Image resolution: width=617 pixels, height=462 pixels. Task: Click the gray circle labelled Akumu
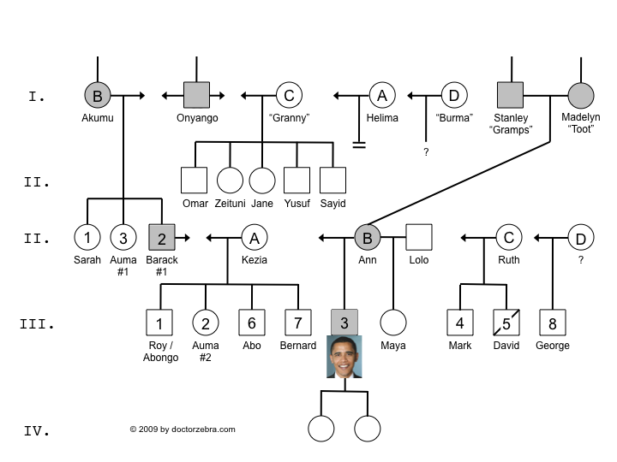tap(98, 95)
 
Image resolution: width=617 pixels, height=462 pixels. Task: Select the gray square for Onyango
tap(196, 95)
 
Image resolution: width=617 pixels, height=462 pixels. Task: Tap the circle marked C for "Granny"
tap(289, 95)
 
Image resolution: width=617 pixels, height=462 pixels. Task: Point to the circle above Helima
tap(381, 95)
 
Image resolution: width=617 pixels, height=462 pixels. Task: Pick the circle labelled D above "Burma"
tap(453, 95)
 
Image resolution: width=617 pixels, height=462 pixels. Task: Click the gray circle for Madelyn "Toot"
tap(581, 95)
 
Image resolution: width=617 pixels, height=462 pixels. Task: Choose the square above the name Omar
tap(195, 180)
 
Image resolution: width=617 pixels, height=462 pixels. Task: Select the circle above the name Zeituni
tap(229, 180)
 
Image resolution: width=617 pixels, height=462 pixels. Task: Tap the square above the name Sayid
tap(332, 180)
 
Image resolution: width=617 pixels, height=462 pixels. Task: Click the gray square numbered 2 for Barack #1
tap(162, 237)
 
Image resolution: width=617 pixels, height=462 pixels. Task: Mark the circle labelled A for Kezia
tap(254, 237)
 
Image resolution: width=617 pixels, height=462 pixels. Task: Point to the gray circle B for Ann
tap(367, 237)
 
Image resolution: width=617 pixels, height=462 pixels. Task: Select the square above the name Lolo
tap(418, 237)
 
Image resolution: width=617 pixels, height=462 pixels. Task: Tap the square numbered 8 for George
tap(552, 323)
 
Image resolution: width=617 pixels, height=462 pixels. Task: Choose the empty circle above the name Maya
tap(392, 323)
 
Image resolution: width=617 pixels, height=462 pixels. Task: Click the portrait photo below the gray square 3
tap(344, 357)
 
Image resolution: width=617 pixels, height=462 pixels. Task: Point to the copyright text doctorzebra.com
tap(182, 429)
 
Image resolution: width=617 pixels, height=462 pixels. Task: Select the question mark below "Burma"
tap(426, 151)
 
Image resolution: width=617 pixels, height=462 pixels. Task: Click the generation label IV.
tap(35, 430)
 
